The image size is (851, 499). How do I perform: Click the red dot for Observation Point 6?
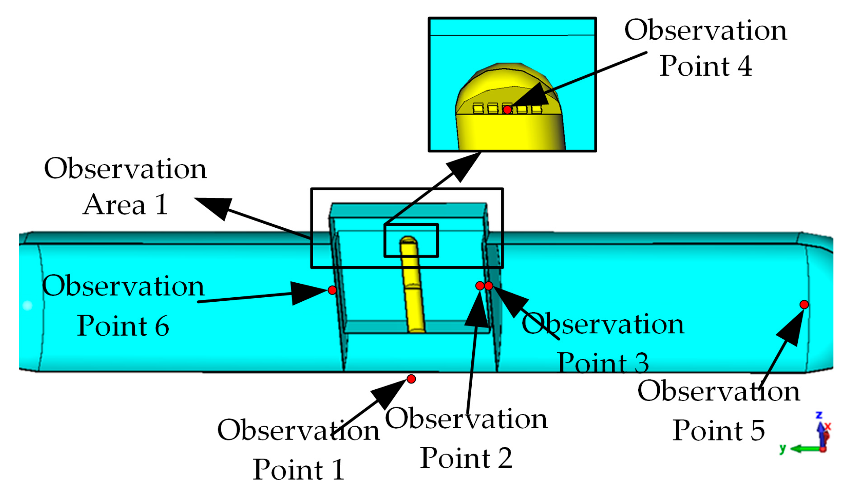[x=332, y=290]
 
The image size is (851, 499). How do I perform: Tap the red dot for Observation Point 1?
[x=411, y=379]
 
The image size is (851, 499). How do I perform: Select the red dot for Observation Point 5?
[x=804, y=305]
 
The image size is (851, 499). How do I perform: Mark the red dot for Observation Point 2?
[x=480, y=286]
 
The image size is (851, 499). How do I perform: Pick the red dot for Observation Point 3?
[x=488, y=286]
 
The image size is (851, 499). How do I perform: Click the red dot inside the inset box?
[x=507, y=110]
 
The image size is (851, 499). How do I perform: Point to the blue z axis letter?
[x=819, y=415]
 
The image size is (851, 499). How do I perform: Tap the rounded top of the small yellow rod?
[x=409, y=240]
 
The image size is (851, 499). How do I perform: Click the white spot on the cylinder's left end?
[x=27, y=305]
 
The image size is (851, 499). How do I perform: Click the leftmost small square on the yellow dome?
[x=477, y=108]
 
